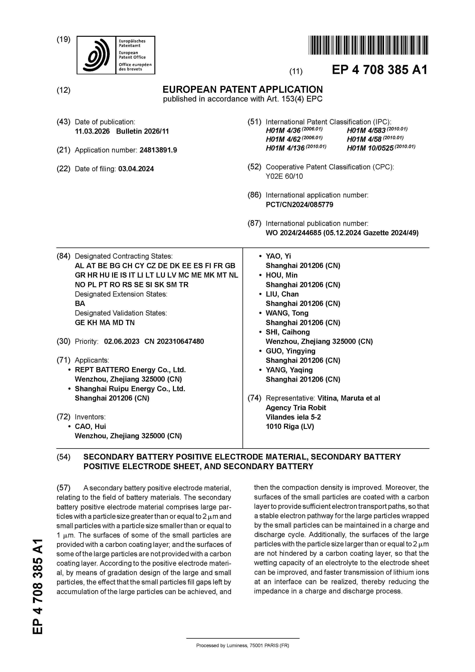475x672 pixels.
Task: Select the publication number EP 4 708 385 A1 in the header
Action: coord(379,70)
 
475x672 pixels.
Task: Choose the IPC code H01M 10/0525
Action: coord(370,148)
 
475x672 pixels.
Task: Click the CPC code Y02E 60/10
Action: coord(284,176)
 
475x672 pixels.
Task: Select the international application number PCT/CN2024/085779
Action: coord(299,205)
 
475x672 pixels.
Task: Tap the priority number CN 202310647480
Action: coord(174,341)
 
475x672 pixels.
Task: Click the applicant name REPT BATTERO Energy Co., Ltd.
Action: coord(130,370)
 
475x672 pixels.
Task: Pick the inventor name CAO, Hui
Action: coord(90,426)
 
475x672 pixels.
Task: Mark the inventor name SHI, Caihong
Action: coord(287,332)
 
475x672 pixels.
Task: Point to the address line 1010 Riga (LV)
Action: coord(289,426)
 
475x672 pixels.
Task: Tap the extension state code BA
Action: coord(80,303)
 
